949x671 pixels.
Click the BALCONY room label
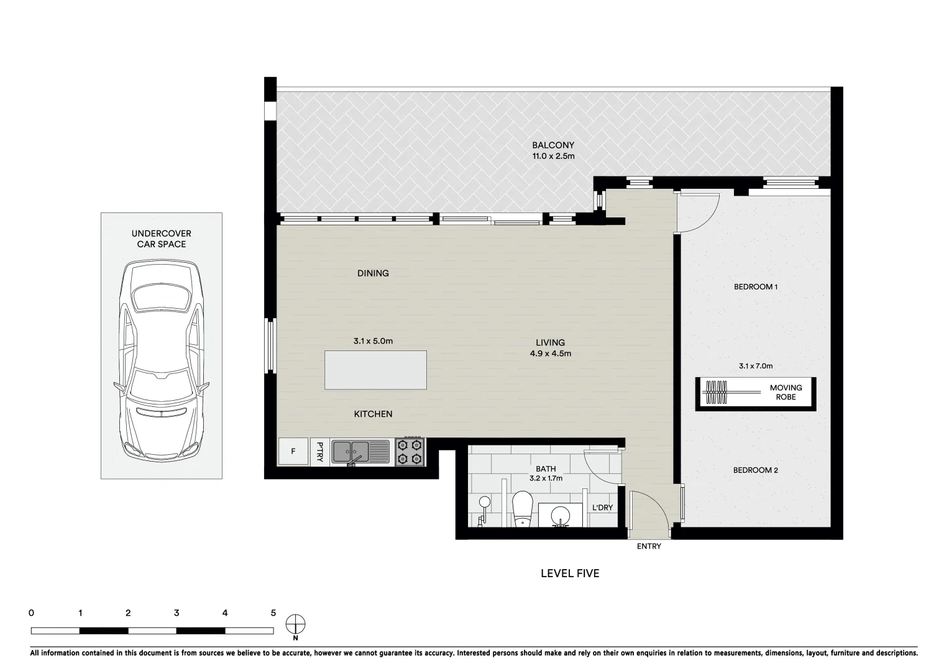pyautogui.click(x=552, y=145)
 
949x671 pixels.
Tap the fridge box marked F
pyautogui.click(x=293, y=452)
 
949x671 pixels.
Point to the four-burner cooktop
pyautogui.click(x=410, y=452)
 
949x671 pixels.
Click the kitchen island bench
pyautogui.click(x=375, y=370)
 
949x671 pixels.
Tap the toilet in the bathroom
pyautogui.click(x=523, y=508)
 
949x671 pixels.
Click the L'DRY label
pyautogui.click(x=602, y=508)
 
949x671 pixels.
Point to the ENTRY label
pyautogui.click(x=649, y=547)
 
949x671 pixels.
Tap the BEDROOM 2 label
pyautogui.click(x=755, y=470)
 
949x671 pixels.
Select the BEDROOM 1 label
pyautogui.click(x=756, y=287)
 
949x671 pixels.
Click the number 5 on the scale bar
pyautogui.click(x=273, y=613)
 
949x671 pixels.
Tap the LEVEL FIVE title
pyautogui.click(x=569, y=573)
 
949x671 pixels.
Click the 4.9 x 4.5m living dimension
pyautogui.click(x=550, y=354)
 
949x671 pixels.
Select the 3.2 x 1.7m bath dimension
pyautogui.click(x=546, y=479)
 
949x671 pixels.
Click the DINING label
pyautogui.click(x=373, y=273)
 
